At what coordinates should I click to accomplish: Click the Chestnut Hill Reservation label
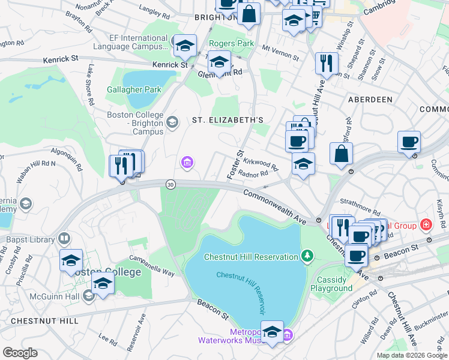click(251, 257)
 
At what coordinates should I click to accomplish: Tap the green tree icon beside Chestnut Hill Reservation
click(307, 257)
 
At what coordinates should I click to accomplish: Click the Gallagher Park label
click(134, 90)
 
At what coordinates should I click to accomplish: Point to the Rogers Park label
click(231, 44)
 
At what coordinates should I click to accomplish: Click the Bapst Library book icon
click(63, 239)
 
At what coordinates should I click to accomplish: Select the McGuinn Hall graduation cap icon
click(89, 295)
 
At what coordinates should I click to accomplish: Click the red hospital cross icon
click(426, 225)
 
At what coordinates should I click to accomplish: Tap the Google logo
click(20, 353)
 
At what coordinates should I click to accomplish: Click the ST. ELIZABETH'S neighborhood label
click(228, 120)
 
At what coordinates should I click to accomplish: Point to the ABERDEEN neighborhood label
click(367, 100)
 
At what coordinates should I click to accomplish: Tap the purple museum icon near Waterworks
click(288, 334)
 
